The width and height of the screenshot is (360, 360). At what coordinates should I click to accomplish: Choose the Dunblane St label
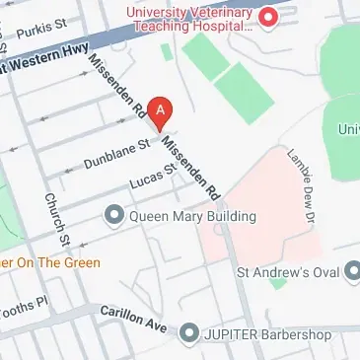[117, 152]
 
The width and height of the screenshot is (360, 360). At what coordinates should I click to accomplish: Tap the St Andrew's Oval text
[288, 269]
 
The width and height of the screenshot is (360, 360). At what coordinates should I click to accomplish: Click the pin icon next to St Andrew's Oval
[351, 269]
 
